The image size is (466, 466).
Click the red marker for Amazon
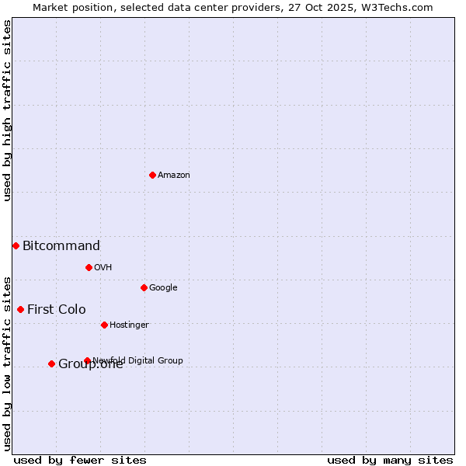pos(152,175)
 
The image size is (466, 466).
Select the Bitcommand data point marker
pos(16,245)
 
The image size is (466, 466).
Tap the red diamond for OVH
pos(89,267)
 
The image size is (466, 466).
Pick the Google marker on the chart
pos(144,287)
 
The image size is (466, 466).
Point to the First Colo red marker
pos(20,309)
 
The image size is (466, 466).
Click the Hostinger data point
pos(104,325)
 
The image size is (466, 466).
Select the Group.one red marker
pos(51,363)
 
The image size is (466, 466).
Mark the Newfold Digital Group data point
pos(87,360)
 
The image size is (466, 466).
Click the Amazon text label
pos(174,175)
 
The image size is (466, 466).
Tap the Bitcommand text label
pos(61,246)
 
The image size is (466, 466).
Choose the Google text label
pos(163,287)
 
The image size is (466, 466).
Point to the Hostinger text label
pos(129,325)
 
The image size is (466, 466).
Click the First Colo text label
pos(57,310)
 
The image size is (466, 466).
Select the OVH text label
pos(103,267)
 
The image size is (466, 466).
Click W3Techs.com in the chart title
pos(395,7)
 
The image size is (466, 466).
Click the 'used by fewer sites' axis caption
pos(80,460)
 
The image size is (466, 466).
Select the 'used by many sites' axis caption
pos(390,460)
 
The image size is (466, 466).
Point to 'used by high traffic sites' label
pos(7,110)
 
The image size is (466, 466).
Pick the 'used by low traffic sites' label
pos(7,363)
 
